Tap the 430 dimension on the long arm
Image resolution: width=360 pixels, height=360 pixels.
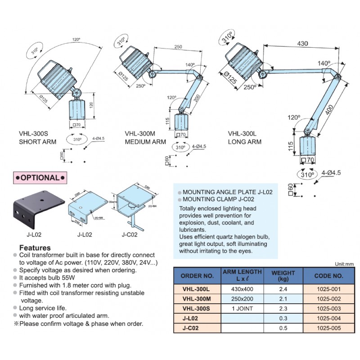(x=302, y=44)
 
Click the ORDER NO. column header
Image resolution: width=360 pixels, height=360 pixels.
(x=197, y=276)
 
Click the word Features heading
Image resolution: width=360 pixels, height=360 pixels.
(x=35, y=248)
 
